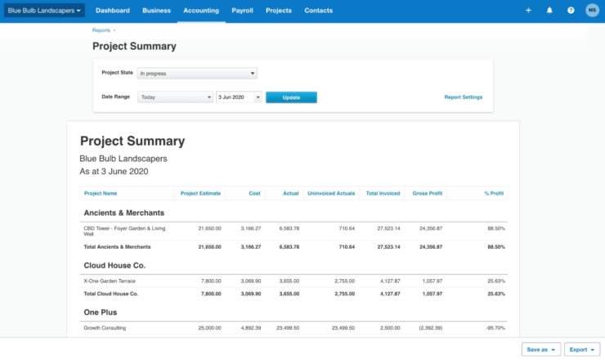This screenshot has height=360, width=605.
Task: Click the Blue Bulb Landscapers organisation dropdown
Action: [x=44, y=11]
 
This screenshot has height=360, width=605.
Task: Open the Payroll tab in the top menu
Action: [x=241, y=11]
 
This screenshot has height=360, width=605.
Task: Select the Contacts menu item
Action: [x=318, y=11]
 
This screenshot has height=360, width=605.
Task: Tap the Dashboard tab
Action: [x=112, y=11]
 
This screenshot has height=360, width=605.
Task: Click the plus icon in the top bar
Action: [x=528, y=11]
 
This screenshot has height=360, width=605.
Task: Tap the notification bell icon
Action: [x=549, y=11]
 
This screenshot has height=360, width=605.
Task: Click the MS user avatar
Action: [x=592, y=11]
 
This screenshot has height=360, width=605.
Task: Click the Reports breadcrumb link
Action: [x=101, y=29]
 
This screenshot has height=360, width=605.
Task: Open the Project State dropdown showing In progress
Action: [x=196, y=73]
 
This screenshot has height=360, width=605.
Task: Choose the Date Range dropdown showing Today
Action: [x=175, y=97]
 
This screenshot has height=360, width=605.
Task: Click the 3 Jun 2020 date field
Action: [x=238, y=97]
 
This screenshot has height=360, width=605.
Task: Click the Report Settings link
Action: [x=463, y=97]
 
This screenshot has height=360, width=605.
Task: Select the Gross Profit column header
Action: [x=428, y=193]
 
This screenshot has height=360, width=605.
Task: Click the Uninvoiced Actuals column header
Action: [x=330, y=193]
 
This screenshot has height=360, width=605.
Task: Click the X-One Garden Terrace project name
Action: [x=110, y=281]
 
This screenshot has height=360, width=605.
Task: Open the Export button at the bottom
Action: [x=583, y=349]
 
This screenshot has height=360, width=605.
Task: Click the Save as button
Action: [x=541, y=349]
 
